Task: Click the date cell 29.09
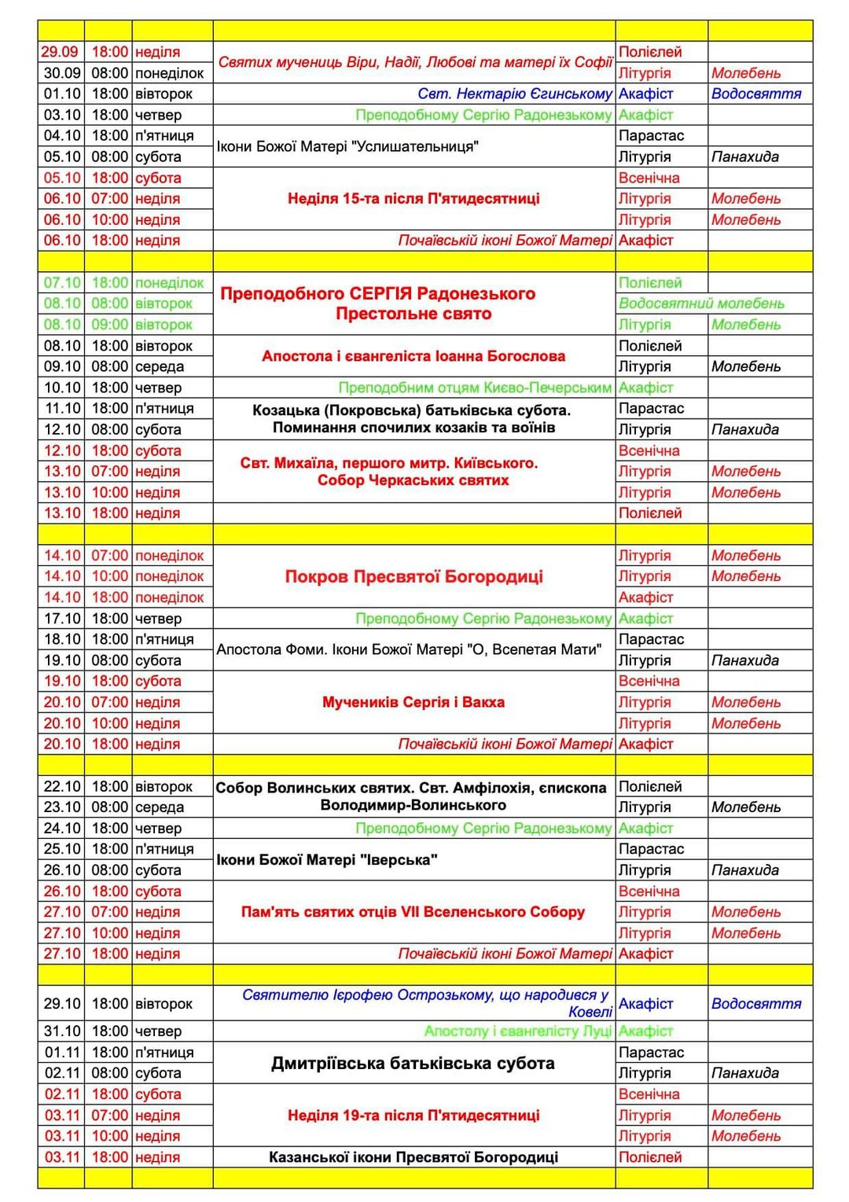(61, 52)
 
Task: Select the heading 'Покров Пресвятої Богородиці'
(413, 576)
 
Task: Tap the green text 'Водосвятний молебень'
(701, 303)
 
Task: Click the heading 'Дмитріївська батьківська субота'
(413, 1063)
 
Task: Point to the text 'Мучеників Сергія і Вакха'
(413, 702)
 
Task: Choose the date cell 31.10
(62, 1031)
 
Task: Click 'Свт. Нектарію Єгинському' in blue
(515, 94)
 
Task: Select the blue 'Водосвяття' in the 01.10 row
(756, 94)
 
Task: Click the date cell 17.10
(62, 619)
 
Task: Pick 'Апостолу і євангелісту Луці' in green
(518, 1031)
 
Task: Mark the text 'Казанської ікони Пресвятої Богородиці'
(413, 1157)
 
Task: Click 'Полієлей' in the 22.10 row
(650, 786)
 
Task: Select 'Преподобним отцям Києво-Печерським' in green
(475, 388)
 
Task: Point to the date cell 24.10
(62, 828)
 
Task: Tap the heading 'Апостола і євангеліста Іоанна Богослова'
(413, 356)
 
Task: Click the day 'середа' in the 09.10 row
(160, 366)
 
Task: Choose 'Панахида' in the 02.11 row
(745, 1073)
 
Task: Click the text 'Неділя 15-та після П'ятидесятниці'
(413, 199)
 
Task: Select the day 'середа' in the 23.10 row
(160, 807)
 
